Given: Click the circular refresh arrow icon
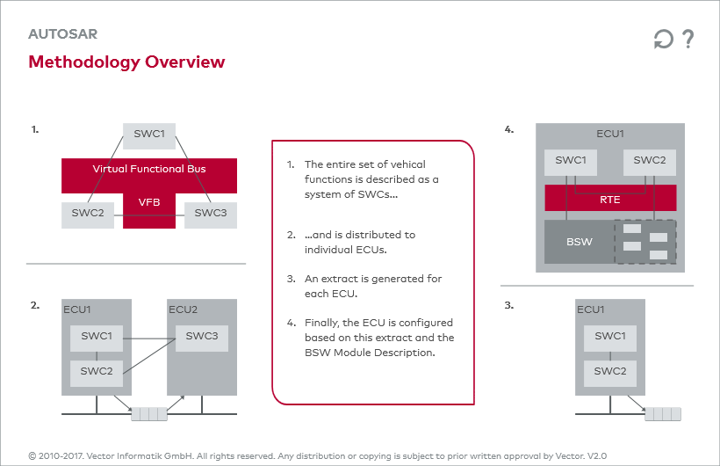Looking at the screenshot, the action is [663, 39].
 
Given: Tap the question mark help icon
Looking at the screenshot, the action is [688, 39].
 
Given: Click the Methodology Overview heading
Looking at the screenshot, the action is [126, 62].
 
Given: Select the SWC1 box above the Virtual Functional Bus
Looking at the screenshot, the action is [149, 136].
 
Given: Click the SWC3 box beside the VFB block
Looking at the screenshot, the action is [211, 215].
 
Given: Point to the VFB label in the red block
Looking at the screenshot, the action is [149, 202].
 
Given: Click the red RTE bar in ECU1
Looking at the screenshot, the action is [610, 198].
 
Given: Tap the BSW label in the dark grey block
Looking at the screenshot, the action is [580, 242].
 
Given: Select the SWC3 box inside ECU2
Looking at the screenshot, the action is [202, 339].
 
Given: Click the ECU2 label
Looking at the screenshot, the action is [183, 309].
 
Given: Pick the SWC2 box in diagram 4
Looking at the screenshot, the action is [650, 163].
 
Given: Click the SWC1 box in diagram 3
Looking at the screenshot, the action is [610, 339].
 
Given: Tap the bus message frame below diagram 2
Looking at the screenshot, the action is [149, 414].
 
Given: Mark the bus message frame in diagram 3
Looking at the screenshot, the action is [663, 414].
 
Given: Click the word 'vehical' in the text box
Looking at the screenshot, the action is [407, 164].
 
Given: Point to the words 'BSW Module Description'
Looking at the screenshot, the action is [370, 353].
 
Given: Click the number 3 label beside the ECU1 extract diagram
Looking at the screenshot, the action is [508, 305].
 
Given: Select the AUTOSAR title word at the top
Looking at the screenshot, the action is [63, 34].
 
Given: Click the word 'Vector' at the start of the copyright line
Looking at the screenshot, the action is [100, 455].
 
